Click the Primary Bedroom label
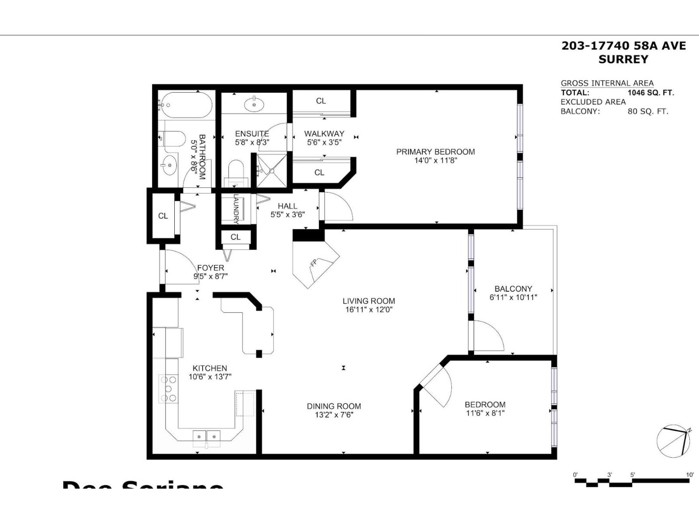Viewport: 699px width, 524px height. [435, 152]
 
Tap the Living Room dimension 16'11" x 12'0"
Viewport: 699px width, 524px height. [369, 310]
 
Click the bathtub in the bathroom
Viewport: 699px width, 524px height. [185, 105]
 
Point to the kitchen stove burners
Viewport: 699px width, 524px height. [169, 388]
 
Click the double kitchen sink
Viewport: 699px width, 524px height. [207, 436]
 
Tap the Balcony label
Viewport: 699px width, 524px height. [513, 289]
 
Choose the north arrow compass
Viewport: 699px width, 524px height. [673, 441]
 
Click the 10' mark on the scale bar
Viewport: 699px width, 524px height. [689, 475]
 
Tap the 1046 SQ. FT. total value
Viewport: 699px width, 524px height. [650, 93]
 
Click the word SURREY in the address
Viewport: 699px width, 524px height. [623, 59]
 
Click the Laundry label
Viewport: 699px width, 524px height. [236, 209]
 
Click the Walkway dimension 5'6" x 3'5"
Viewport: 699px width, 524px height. [324, 142]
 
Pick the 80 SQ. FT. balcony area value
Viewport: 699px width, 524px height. [647, 111]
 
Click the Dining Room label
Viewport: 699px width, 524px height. [334, 406]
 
